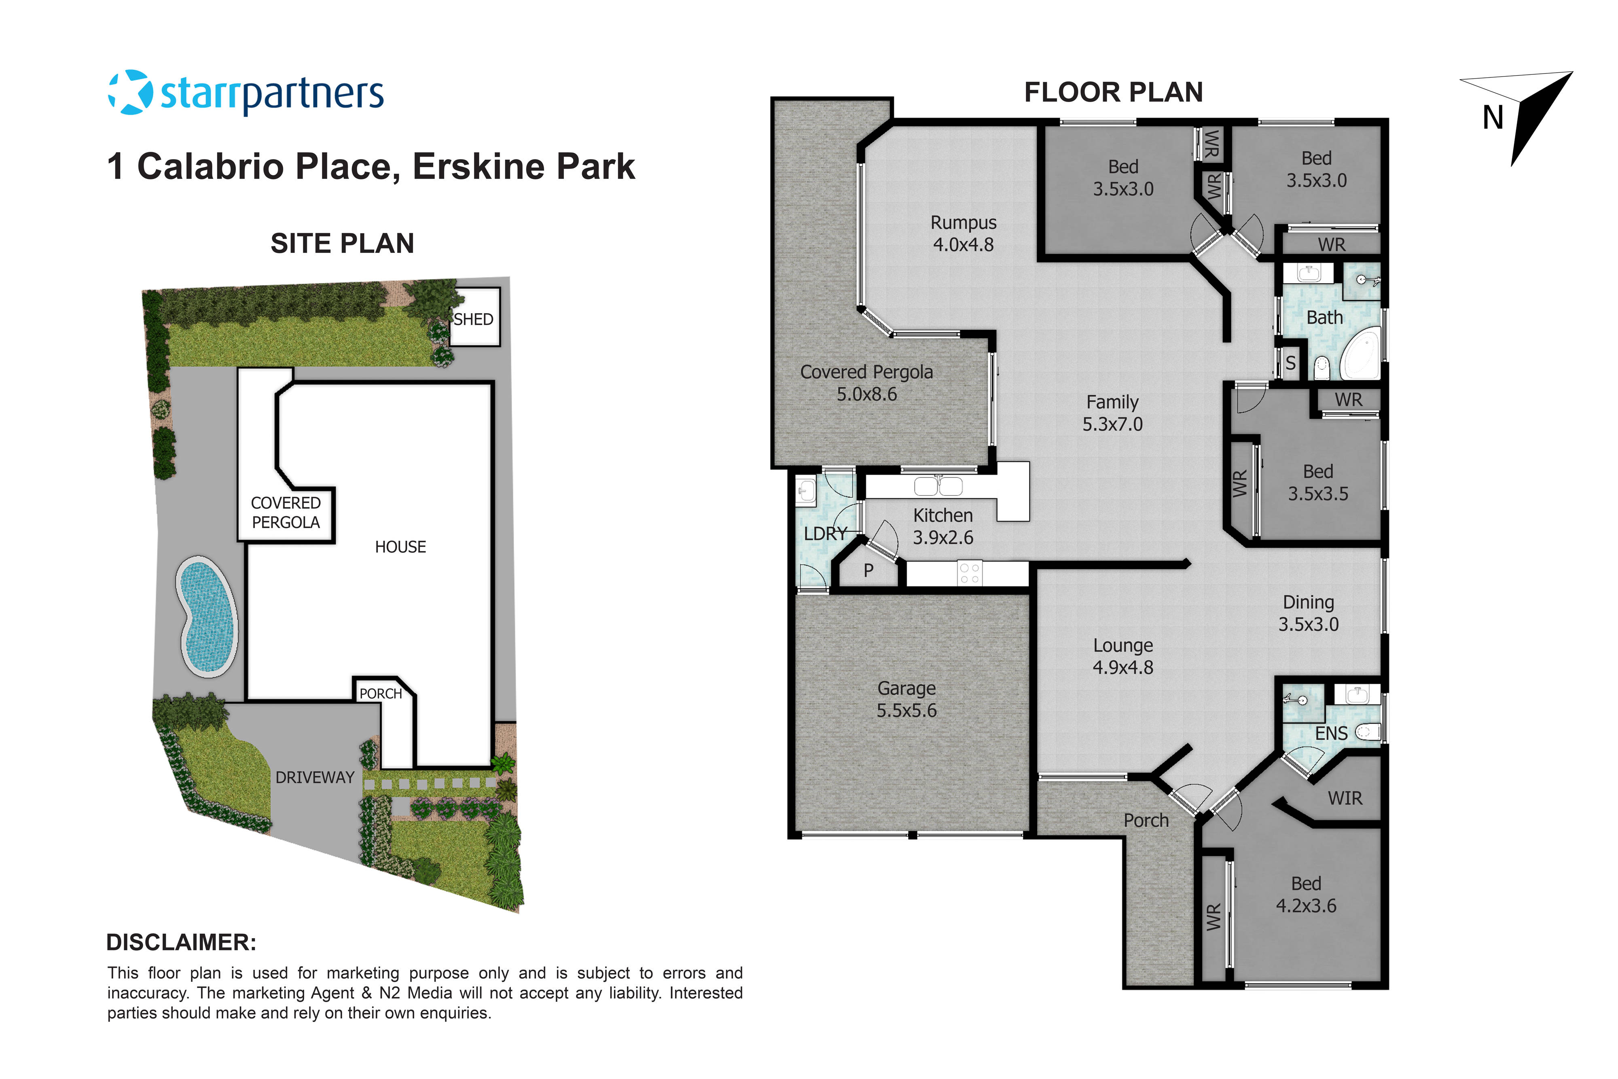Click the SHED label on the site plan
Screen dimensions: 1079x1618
point(473,319)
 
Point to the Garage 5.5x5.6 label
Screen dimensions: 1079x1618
point(906,699)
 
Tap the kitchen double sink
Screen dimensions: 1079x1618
point(938,487)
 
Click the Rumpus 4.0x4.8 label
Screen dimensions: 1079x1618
point(963,233)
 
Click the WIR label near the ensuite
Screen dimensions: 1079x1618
point(1345,798)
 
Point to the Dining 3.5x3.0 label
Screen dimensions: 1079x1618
point(1309,613)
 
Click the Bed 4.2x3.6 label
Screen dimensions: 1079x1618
point(1306,895)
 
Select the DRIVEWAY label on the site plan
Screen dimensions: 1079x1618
point(315,778)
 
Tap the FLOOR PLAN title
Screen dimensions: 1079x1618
point(1113,92)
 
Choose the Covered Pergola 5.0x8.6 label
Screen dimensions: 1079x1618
point(867,383)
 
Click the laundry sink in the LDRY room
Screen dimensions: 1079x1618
point(805,491)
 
